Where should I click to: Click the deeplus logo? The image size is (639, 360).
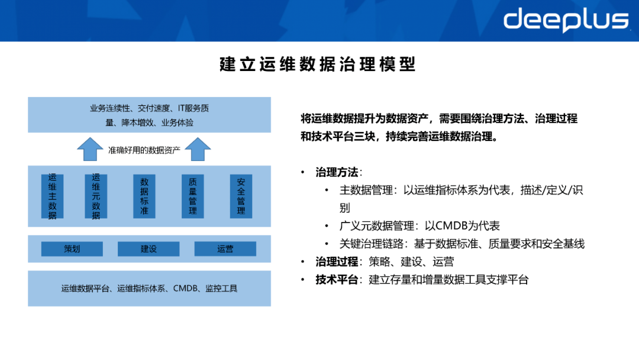pyautogui.click(x=566, y=20)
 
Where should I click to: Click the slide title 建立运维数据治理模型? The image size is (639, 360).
pyautogui.click(x=318, y=64)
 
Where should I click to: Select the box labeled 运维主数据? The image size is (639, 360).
pyautogui.click(x=52, y=196)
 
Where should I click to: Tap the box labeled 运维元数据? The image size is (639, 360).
pyautogui.click(x=96, y=196)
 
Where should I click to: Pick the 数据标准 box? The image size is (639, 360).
pyautogui.click(x=144, y=196)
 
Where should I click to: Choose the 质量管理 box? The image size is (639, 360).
pyautogui.click(x=192, y=196)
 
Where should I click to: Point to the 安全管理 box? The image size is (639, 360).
pyautogui.click(x=241, y=196)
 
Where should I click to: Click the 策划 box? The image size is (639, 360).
pyautogui.click(x=72, y=249)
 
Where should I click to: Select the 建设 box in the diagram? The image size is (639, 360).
pyautogui.click(x=149, y=249)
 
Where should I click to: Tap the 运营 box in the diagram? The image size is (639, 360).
pyautogui.click(x=225, y=249)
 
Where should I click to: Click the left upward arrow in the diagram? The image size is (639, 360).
pyautogui.click(x=91, y=150)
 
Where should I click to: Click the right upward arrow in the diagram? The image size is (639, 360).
pyautogui.click(x=198, y=150)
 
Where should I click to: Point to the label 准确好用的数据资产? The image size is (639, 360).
pyautogui.click(x=144, y=150)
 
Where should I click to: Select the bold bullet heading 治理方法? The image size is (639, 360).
pyautogui.click(x=337, y=172)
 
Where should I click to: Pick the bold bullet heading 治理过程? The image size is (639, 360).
pyautogui.click(x=337, y=262)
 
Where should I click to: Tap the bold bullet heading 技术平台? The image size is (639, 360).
pyautogui.click(x=337, y=279)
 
